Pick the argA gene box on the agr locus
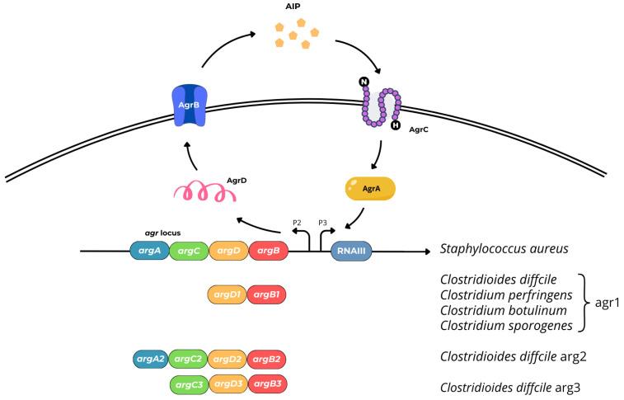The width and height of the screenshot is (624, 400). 149,251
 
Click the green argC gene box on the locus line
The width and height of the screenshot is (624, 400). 189,251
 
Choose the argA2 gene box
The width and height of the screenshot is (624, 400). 152,359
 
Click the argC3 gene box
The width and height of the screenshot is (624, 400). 189,384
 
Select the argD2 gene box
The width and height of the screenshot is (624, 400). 228,359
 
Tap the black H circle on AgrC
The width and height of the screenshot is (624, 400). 395,125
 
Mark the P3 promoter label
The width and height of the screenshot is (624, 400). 324,222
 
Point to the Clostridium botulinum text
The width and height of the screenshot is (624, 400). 504,312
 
